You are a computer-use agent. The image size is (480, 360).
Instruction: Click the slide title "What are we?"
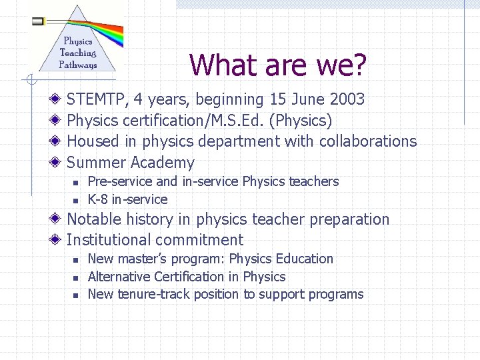pos(278,65)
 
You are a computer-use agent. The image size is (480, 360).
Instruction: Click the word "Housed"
pos(93,141)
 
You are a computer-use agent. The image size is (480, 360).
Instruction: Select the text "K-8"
pos(98,199)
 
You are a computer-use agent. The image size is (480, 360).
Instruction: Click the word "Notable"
pos(94,219)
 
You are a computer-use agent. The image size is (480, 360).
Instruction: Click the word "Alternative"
pos(119,277)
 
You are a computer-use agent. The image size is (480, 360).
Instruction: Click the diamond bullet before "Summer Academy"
pos(57,163)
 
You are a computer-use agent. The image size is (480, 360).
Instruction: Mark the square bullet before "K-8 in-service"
pos(76,200)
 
